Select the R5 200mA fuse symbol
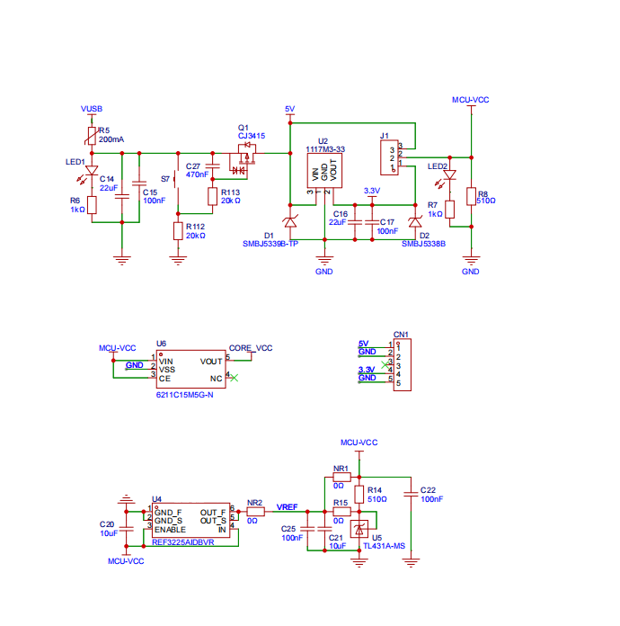pos(91,136)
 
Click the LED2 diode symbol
pos(449,177)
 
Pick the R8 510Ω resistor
pos(471,197)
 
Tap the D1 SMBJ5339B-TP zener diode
pos(289,221)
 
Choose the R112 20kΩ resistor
pos(178,230)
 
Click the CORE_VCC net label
pos(251,347)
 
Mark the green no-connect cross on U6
pos(234,378)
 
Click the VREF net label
pos(288,506)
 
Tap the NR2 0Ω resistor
pos(254,512)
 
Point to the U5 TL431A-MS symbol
pos(360,530)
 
